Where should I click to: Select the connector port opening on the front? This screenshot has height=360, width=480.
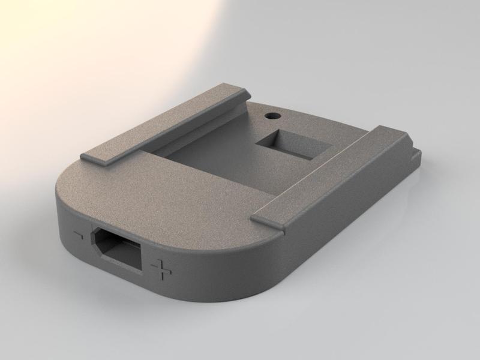point(120,251)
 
